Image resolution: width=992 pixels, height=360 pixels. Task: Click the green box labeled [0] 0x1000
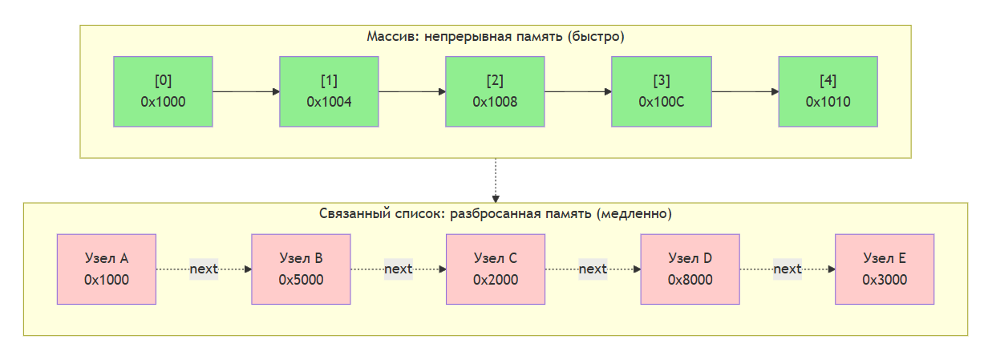tap(163, 91)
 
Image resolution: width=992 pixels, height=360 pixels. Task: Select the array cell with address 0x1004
tap(329, 91)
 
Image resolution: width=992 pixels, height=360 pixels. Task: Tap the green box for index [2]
tap(495, 91)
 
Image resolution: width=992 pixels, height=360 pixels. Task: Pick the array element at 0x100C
tap(661, 91)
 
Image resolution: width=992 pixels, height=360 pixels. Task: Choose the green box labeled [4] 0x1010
tap(828, 91)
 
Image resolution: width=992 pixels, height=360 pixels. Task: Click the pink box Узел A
tap(106, 269)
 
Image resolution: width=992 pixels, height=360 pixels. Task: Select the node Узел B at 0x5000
tap(301, 269)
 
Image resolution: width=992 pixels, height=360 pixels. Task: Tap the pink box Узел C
tap(495, 269)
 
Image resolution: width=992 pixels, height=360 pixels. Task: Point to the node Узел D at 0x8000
tap(690, 269)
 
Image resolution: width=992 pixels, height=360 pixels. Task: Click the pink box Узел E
tap(885, 269)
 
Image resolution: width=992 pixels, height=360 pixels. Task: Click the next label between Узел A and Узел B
tap(204, 269)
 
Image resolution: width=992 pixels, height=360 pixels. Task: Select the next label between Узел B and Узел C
tap(399, 269)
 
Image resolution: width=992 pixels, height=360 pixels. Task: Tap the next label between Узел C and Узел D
tap(593, 269)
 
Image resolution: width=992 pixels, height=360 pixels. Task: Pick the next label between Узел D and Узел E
tap(788, 269)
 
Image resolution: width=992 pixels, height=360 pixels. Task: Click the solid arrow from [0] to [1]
tap(245, 91)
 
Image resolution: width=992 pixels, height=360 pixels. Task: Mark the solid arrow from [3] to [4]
tap(744, 91)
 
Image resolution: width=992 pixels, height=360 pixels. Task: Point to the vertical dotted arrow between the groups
tap(496, 180)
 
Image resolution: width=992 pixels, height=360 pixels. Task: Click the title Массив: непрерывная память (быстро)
tap(495, 37)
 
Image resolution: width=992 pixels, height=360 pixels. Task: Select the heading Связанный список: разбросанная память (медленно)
tap(495, 215)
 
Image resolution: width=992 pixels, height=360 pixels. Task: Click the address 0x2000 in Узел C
tap(495, 280)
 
